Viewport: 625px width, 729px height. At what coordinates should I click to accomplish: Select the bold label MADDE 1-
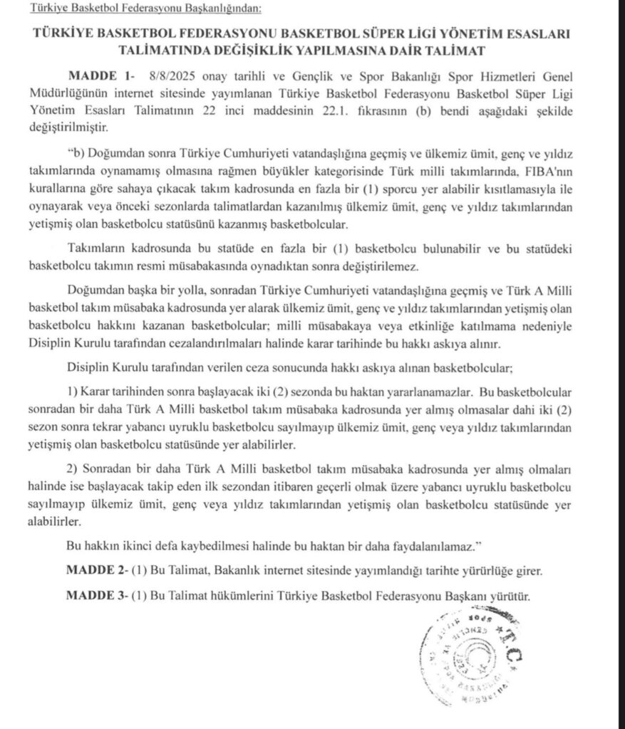(100, 75)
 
